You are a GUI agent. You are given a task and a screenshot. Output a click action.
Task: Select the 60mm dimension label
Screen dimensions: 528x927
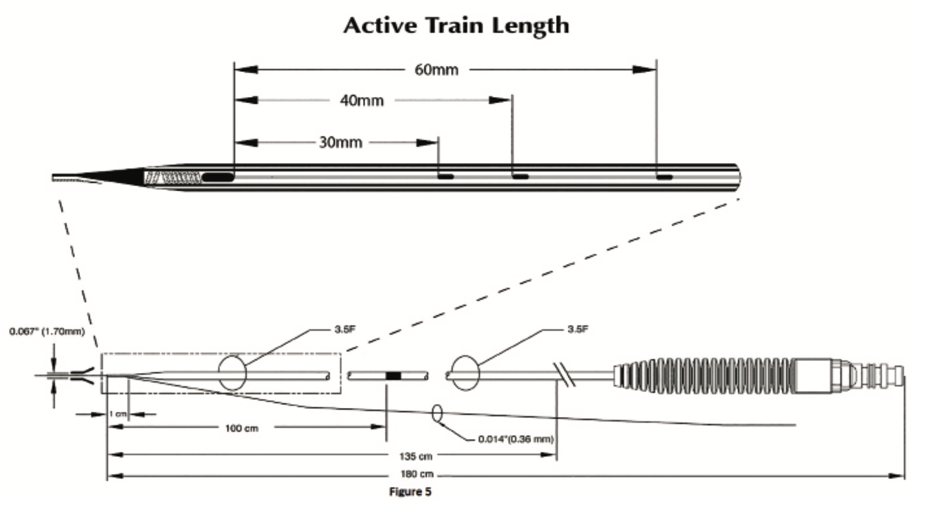coord(436,70)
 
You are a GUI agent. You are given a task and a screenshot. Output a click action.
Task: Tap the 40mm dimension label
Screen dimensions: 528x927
coord(362,101)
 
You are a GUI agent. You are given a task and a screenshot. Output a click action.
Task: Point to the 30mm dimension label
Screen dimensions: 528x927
coord(340,143)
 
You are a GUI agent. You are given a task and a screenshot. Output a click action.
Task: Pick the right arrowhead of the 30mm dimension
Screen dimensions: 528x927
coord(427,143)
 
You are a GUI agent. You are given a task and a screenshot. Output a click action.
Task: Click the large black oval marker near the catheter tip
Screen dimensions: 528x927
coord(217,177)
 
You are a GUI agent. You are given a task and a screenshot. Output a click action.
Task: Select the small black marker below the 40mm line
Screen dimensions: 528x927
coord(520,177)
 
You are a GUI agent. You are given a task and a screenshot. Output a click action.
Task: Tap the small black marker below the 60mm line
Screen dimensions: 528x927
coord(664,177)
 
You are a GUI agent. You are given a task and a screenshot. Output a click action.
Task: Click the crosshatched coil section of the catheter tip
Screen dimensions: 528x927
coord(172,177)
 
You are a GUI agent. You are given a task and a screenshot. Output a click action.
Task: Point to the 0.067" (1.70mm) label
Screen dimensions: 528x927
coord(47,331)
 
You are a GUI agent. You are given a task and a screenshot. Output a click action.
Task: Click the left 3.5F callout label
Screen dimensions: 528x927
coord(345,330)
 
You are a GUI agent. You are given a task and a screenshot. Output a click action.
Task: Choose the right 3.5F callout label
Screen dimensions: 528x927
coord(578,330)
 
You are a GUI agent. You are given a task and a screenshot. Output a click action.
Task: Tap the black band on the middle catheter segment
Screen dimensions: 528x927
coord(393,376)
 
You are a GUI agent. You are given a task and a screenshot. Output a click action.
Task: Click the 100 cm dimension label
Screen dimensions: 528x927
coord(241,428)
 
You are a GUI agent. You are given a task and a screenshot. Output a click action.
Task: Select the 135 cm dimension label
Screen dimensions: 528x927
coord(415,456)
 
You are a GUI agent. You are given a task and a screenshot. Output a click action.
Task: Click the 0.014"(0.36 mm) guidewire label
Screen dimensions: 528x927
coord(515,439)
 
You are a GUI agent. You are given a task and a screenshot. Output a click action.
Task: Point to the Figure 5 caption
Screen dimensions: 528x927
coord(410,492)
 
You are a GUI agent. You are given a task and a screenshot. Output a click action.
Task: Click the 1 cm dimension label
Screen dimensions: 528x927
coord(117,414)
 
